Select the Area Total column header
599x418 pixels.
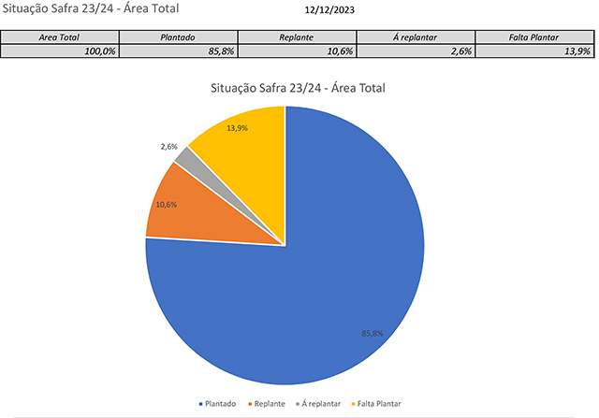tap(60, 38)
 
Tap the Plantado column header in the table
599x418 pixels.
tap(178, 38)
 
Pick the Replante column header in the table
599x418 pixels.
tap(297, 38)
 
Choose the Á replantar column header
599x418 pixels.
tap(416, 38)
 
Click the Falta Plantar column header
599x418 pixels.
tap(533, 38)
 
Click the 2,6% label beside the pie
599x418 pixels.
tap(168, 147)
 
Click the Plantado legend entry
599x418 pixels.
tap(217, 404)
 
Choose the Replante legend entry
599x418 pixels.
tap(268, 404)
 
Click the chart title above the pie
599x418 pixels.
tap(299, 89)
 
